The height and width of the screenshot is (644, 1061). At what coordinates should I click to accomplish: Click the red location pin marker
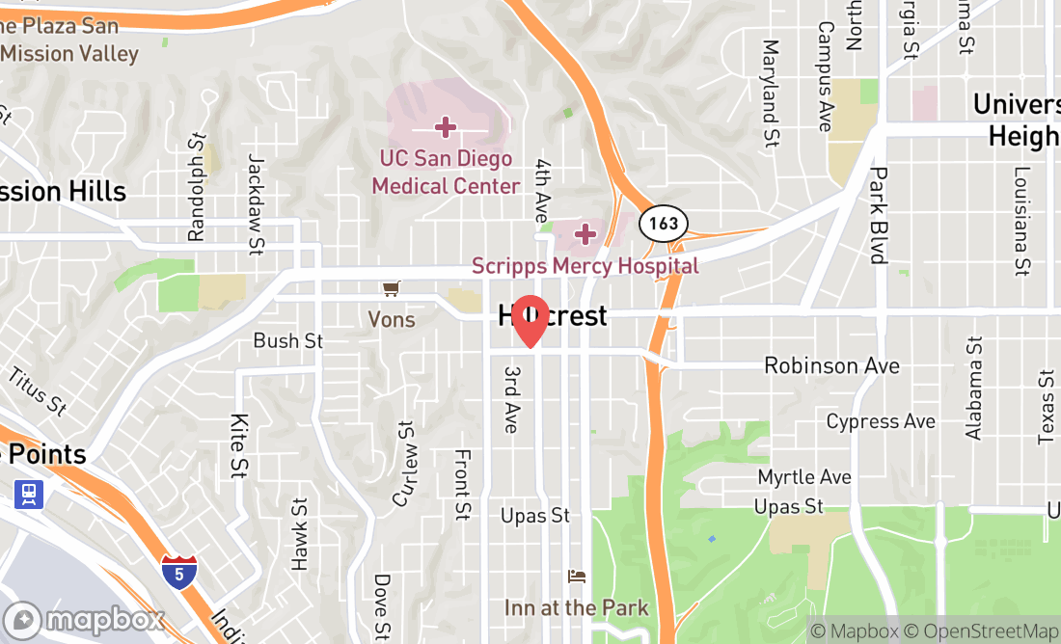click(530, 321)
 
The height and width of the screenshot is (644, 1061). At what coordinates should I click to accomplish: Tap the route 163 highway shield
click(664, 224)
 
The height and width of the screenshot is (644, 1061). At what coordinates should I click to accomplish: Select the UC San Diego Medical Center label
click(446, 172)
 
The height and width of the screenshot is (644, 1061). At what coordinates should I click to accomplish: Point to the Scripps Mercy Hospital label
click(585, 265)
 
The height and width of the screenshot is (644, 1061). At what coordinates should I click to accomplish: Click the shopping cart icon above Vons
click(391, 288)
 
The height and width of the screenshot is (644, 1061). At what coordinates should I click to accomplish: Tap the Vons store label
click(391, 319)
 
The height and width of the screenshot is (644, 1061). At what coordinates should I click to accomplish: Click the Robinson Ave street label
click(831, 365)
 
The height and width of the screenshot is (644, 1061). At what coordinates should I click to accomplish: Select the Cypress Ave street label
click(881, 421)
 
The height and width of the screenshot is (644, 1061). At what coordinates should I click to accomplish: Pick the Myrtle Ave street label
click(804, 477)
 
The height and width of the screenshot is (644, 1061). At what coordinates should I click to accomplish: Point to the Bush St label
click(288, 341)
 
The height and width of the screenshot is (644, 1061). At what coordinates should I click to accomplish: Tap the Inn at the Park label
click(576, 608)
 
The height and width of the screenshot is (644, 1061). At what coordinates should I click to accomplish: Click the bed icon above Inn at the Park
click(577, 577)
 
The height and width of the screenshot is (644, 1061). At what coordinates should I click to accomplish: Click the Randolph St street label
click(198, 187)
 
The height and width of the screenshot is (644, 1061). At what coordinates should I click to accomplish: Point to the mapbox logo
click(84, 620)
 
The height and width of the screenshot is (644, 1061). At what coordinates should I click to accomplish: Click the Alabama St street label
click(974, 389)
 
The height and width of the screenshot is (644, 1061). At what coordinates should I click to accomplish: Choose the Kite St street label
click(238, 445)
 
